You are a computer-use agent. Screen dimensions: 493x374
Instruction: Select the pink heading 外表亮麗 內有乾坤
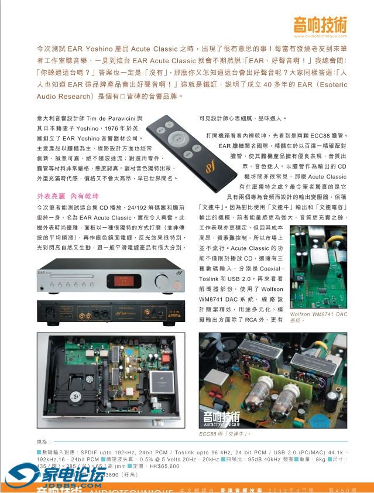point(68,196)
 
